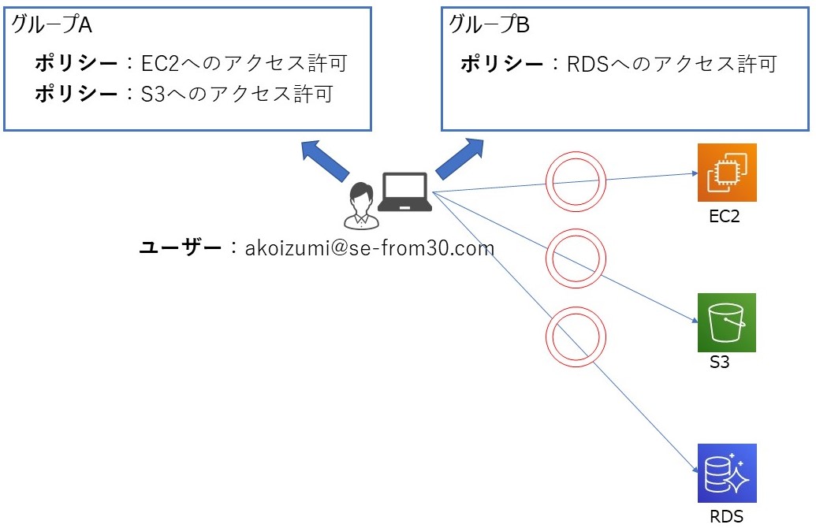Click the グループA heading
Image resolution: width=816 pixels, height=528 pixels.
click(x=52, y=25)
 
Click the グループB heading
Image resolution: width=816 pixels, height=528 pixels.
click(x=489, y=25)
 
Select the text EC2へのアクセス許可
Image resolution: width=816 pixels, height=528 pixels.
click(x=244, y=63)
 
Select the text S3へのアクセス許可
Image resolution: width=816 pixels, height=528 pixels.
click(x=237, y=95)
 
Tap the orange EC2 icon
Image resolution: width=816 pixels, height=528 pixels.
click(x=726, y=173)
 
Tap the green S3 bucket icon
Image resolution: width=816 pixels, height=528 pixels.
click(x=726, y=322)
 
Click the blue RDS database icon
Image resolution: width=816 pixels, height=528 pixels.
click(x=726, y=473)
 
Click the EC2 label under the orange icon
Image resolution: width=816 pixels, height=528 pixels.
click(x=725, y=217)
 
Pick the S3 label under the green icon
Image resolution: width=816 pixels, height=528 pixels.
click(x=718, y=363)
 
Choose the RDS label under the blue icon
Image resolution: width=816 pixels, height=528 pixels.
click(x=726, y=517)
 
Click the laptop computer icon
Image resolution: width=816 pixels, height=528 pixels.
click(x=404, y=191)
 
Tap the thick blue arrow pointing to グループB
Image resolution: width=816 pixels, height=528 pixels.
click(x=459, y=158)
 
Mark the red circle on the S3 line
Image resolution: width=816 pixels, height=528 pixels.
click(x=577, y=258)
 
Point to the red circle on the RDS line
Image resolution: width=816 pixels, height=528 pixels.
click(x=576, y=335)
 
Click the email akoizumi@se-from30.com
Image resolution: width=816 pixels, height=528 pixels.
click(x=370, y=249)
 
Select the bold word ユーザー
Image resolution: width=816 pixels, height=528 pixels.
click(x=181, y=249)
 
